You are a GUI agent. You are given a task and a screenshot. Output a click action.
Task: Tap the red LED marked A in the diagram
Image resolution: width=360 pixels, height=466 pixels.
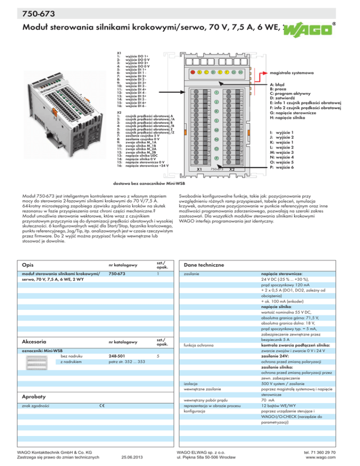click(193, 72)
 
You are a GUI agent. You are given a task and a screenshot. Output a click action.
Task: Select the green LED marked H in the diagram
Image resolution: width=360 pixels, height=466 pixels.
click(240, 72)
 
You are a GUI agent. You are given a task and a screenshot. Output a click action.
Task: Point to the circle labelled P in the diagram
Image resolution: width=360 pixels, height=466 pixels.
click(217, 159)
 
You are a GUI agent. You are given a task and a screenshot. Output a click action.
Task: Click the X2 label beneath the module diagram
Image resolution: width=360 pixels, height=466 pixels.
click(232, 169)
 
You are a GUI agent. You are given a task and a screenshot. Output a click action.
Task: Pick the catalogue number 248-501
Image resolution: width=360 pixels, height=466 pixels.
click(117, 355)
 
